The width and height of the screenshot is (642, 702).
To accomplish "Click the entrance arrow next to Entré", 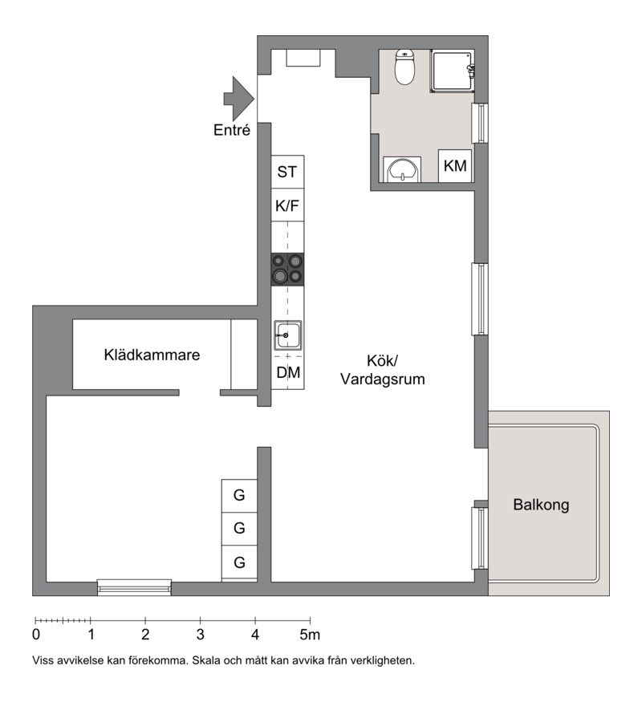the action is pyautogui.click(x=239, y=99).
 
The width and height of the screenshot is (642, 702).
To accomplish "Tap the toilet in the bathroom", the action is pyautogui.click(x=404, y=67).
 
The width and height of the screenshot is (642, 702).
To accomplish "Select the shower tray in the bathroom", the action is pyautogui.click(x=452, y=71).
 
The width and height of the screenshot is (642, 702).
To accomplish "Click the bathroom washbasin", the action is pyautogui.click(x=403, y=169).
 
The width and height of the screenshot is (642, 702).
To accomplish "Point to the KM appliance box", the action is pyautogui.click(x=455, y=166).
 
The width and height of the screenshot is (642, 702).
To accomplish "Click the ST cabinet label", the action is pyautogui.click(x=287, y=172).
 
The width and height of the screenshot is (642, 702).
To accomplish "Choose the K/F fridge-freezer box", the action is pyautogui.click(x=287, y=205).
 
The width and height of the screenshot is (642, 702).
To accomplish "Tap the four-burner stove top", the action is pyautogui.click(x=287, y=270).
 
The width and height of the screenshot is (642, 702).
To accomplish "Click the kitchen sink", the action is pyautogui.click(x=287, y=335).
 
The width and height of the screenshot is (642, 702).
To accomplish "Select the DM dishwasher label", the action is pyautogui.click(x=288, y=372).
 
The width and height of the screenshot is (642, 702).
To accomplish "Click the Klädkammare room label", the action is pyautogui.click(x=152, y=355).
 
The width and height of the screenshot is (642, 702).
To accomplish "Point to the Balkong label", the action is pyautogui.click(x=541, y=505).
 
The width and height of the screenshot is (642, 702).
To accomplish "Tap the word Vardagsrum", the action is pyautogui.click(x=382, y=379).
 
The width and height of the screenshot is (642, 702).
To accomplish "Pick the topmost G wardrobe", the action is pyautogui.click(x=239, y=496).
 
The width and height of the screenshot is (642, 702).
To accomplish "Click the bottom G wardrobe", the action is pyautogui.click(x=239, y=562).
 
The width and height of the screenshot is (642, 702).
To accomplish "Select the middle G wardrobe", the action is pyautogui.click(x=239, y=529).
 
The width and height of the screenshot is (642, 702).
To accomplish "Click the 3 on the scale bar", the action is pyautogui.click(x=200, y=635).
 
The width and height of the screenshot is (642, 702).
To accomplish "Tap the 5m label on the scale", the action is pyautogui.click(x=310, y=635).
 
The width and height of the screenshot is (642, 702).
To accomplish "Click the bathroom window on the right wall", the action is pyautogui.click(x=480, y=123).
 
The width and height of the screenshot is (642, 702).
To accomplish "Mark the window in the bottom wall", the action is pyautogui.click(x=134, y=587).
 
